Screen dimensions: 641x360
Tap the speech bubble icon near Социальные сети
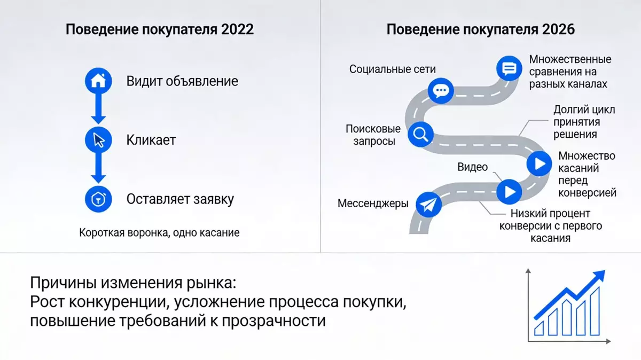click(441, 90)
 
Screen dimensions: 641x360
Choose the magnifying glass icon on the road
click(419, 134)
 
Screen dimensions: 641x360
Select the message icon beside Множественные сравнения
click(509, 69)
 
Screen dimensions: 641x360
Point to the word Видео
click(473, 167)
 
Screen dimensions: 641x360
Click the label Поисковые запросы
click(373, 135)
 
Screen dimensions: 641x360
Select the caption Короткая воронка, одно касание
click(159, 233)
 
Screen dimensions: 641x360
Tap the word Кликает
click(151, 140)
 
